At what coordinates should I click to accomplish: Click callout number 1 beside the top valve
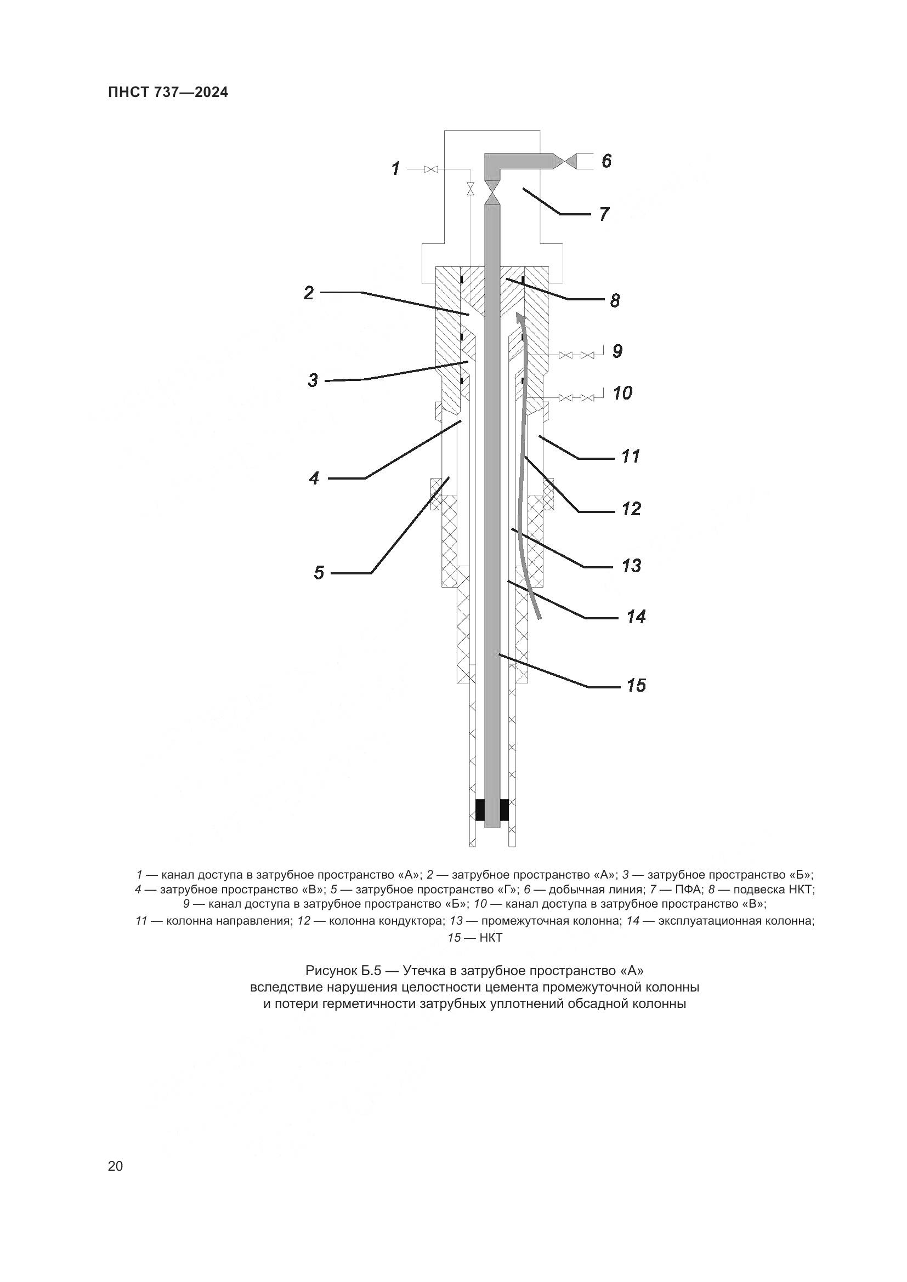396,168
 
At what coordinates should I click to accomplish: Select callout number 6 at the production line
606,161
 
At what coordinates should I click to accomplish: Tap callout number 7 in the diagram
604,214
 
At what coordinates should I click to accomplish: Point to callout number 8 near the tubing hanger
614,301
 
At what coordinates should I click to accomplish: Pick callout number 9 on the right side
616,351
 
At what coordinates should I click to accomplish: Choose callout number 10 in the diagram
622,393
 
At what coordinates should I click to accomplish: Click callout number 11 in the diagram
631,456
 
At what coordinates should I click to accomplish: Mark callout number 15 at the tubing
636,685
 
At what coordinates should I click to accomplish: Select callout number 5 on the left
319,572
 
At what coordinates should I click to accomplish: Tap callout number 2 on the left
309,293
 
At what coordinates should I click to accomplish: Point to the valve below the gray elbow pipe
492,192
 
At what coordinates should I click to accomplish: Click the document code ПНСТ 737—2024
168,92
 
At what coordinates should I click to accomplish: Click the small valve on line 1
430,169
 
